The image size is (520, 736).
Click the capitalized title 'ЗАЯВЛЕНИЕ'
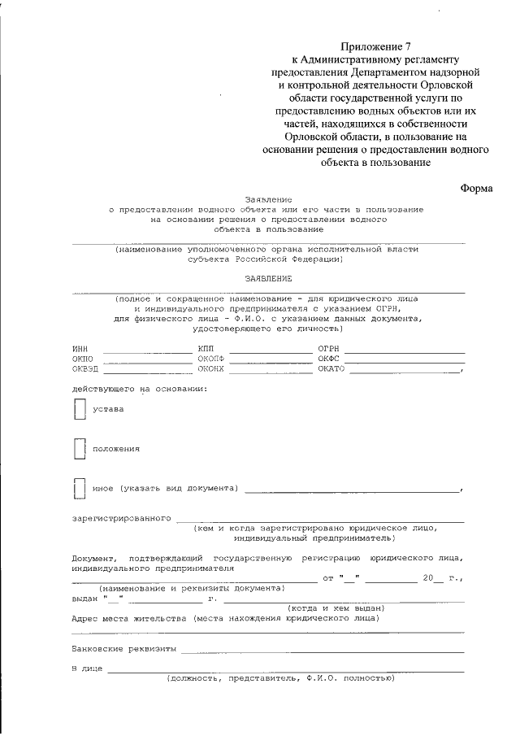coord(268,278)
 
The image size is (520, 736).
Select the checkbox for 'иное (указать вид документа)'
coord(79,488)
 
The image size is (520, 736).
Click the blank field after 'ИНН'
coord(145,350)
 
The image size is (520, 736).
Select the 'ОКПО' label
coord(83,359)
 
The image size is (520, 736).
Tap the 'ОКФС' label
coord(327,359)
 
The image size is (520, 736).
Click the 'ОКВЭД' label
coord(84,369)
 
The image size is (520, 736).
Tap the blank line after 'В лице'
coord(285,670)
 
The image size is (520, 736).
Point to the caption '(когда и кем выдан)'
coord(336,608)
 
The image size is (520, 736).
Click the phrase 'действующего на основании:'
coord(139,389)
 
